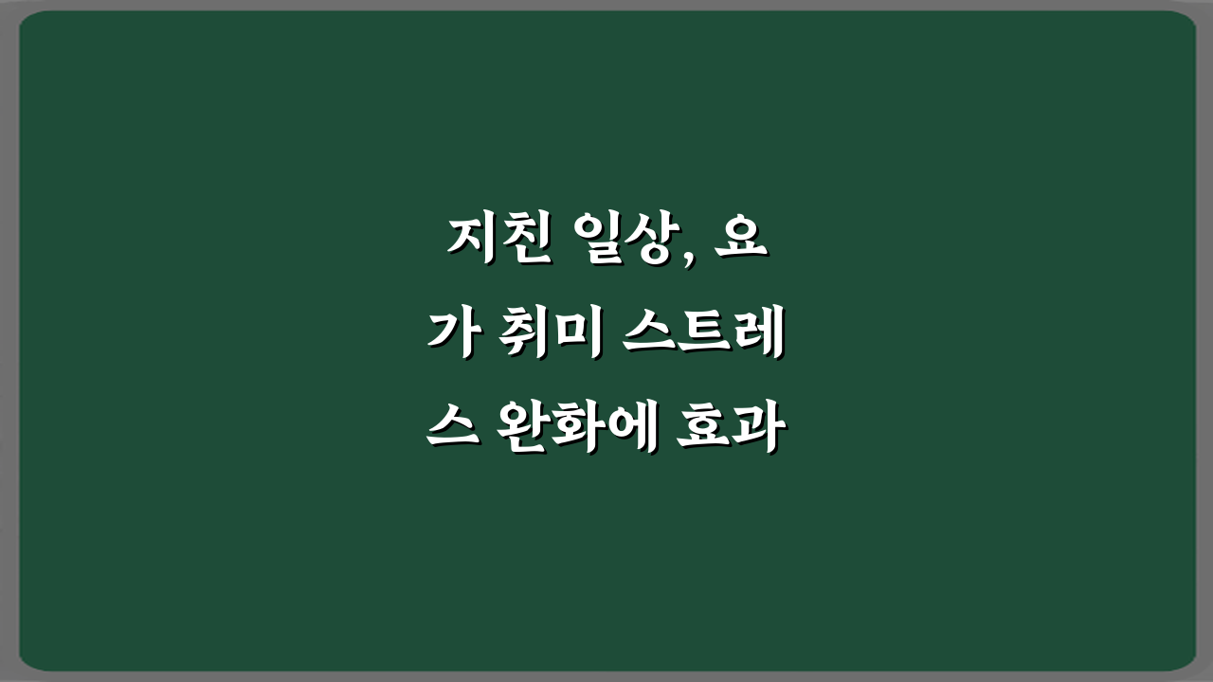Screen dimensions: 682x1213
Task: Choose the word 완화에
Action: [577, 432]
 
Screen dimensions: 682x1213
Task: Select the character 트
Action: [703, 337]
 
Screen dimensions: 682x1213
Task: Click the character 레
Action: [758, 337]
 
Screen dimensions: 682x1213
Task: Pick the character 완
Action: [525, 432]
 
